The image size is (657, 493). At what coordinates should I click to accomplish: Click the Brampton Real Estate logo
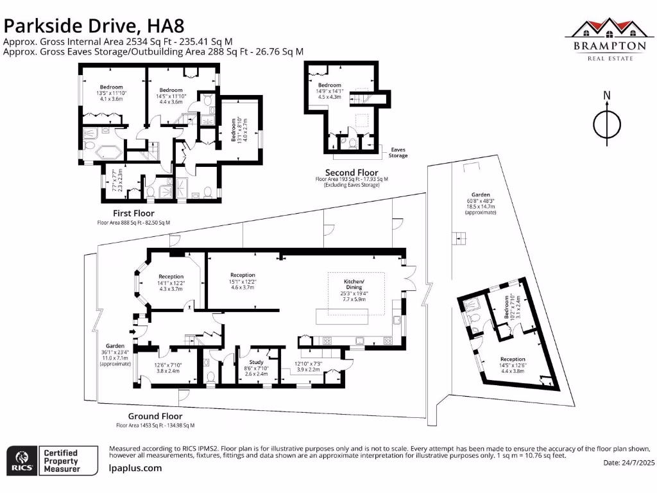[608, 39]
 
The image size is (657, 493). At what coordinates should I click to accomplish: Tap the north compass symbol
[606, 119]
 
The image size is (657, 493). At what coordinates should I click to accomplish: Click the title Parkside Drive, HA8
[94, 26]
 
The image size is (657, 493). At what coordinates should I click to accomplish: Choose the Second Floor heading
[352, 172]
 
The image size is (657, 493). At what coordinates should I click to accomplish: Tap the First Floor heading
[133, 213]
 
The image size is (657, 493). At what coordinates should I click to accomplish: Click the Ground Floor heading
[155, 416]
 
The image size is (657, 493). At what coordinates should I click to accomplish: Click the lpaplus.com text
[135, 469]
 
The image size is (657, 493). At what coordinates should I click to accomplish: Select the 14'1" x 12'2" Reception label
[171, 282]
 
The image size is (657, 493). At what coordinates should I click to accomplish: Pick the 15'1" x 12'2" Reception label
[243, 281]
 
